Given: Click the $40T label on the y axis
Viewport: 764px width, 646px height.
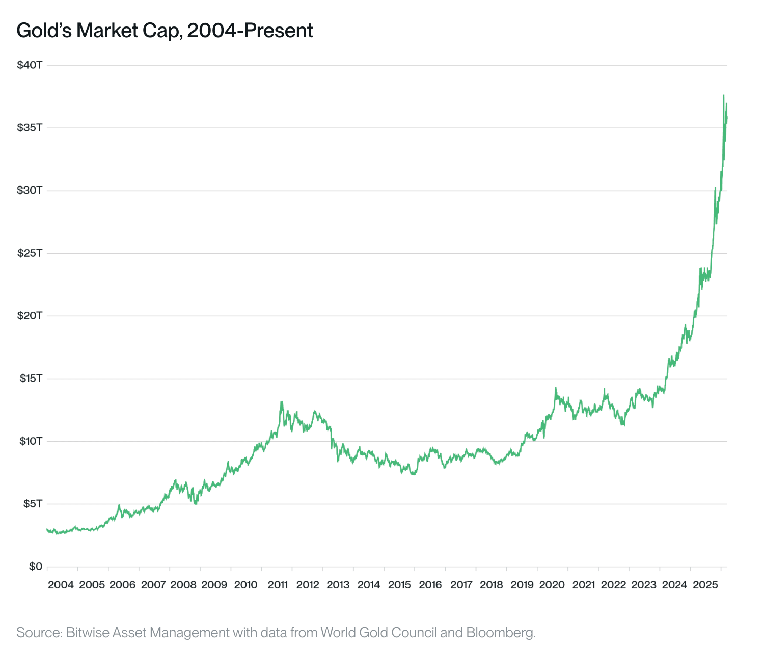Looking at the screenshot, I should pyautogui.click(x=30, y=65).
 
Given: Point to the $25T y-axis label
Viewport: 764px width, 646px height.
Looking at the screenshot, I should pyautogui.click(x=30, y=253).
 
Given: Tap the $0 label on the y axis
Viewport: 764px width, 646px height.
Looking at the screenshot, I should pyautogui.click(x=35, y=567).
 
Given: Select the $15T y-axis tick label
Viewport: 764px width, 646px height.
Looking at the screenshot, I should pyautogui.click(x=30, y=379).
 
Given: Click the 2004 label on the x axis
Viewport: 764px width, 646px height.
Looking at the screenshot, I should pyautogui.click(x=61, y=585).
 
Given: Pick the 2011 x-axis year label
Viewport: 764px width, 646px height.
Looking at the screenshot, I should pyautogui.click(x=278, y=585).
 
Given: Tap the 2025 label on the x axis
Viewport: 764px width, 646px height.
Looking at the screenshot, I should pyautogui.click(x=705, y=585).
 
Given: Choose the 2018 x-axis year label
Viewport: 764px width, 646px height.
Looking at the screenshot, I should pyautogui.click(x=492, y=585).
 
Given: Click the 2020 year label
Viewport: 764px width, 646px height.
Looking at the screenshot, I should pyautogui.click(x=553, y=585).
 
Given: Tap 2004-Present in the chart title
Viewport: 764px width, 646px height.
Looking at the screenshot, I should pyautogui.click(x=250, y=31).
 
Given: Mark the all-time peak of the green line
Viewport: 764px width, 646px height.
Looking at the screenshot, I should pyautogui.click(x=723, y=95).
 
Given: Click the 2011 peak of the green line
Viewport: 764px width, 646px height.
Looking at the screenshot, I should pyautogui.click(x=281, y=402).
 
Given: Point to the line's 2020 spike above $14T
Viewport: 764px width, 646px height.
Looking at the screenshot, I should pyautogui.click(x=556, y=388).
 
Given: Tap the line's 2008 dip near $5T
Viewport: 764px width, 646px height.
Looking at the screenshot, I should pyautogui.click(x=196, y=503).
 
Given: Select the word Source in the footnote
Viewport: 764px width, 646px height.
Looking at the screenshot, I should pyautogui.click(x=39, y=633).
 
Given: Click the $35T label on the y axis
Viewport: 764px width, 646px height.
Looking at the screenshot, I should pyautogui.click(x=30, y=127).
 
